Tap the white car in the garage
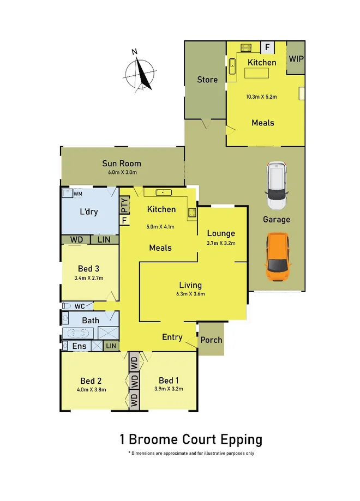tap(277, 186)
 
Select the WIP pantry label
tap(296, 58)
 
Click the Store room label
tap(207, 80)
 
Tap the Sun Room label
tap(122, 163)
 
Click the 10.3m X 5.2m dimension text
tap(262, 97)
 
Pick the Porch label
tap(211, 340)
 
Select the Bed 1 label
tap(169, 380)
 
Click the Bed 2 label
tap(91, 381)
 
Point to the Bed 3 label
tap(89, 268)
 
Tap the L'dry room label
tap(89, 212)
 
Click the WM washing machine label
tap(78, 194)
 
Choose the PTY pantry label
tap(125, 206)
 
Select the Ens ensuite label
tap(80, 346)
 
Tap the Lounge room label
tap(221, 233)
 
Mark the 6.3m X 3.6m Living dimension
tap(190, 294)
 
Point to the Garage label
tap(277, 220)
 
